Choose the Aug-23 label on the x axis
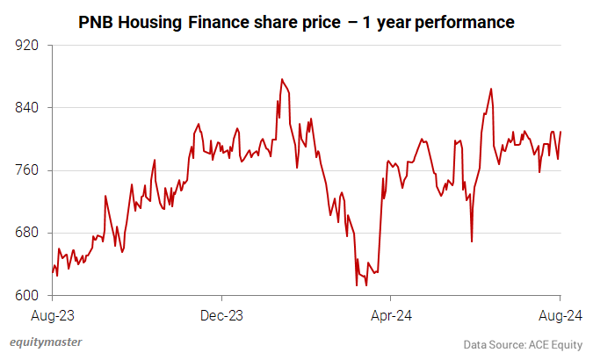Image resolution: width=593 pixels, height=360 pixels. click(x=52, y=314)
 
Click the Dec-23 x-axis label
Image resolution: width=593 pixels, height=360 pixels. click(x=221, y=314)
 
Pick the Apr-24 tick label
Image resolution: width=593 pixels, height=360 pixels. click(x=391, y=314)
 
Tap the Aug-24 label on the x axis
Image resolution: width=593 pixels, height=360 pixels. click(x=560, y=314)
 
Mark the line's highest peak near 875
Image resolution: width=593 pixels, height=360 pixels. click(x=281, y=79)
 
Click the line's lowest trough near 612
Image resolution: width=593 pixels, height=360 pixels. click(x=357, y=284)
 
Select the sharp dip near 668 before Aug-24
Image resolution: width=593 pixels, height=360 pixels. click(x=472, y=241)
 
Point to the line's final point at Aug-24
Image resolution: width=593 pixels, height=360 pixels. click(x=560, y=132)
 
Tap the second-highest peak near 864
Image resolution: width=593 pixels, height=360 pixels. click(x=491, y=88)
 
